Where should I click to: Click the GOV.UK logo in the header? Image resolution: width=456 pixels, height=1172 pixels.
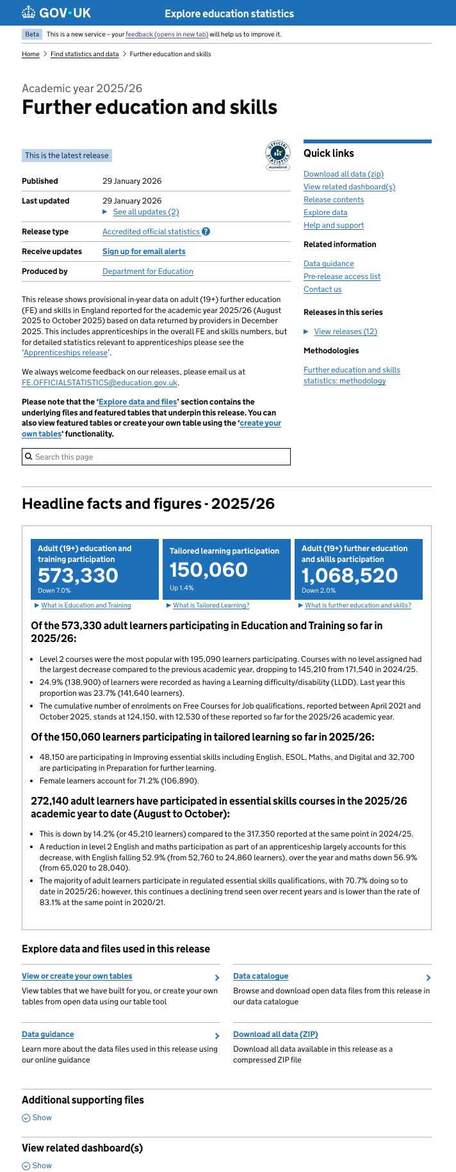(56, 13)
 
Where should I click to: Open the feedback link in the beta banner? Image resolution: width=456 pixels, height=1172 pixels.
(167, 35)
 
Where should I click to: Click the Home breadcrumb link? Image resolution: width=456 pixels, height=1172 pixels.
(31, 54)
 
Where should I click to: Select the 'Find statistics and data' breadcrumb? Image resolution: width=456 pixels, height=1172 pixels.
(85, 54)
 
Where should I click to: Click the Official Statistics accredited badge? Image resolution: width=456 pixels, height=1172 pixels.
(278, 156)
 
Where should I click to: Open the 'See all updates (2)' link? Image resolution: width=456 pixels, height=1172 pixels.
(145, 212)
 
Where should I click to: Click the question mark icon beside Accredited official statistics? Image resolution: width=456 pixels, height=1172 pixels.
(206, 232)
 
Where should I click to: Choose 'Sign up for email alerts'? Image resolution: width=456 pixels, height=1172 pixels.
(144, 252)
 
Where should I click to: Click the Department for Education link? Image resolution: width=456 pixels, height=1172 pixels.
(148, 271)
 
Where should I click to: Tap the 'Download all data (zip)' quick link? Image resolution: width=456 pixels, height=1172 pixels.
(343, 174)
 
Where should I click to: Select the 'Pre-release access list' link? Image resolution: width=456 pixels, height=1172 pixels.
(342, 277)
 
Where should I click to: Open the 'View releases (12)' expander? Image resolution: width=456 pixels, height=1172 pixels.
(345, 332)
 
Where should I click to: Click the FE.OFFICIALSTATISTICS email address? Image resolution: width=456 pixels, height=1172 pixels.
(100, 383)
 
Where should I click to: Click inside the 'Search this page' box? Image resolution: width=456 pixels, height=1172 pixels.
(156, 457)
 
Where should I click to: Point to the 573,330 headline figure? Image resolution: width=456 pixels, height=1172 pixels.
(78, 575)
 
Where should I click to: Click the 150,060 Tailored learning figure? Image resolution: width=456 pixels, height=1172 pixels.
(209, 570)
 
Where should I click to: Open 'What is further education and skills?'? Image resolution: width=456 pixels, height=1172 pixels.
(358, 606)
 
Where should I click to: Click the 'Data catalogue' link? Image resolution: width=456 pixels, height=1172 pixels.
(261, 976)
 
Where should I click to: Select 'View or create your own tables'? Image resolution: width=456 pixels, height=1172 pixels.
(77, 976)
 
